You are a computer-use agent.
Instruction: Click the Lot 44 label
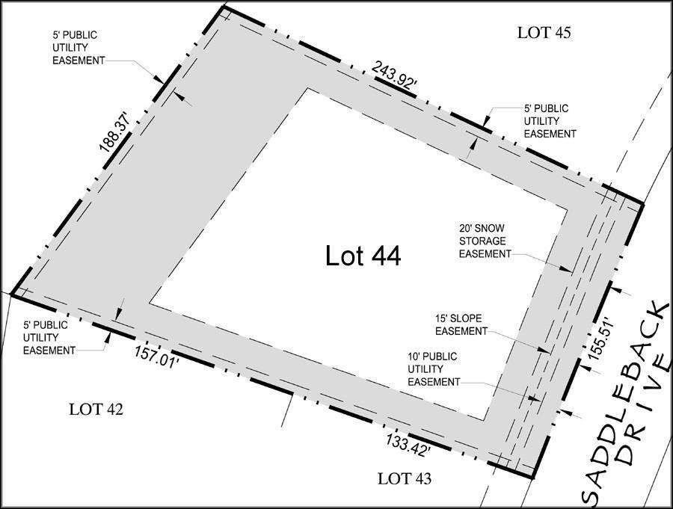[x=363, y=256]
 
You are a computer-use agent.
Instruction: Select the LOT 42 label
[x=96, y=409]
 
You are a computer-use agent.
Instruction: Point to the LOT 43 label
[x=405, y=478]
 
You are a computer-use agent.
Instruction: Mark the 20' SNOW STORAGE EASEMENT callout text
[x=485, y=241]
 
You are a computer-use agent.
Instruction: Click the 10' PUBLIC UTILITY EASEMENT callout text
[x=434, y=369]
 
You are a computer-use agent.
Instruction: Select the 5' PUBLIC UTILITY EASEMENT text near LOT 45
[x=550, y=121]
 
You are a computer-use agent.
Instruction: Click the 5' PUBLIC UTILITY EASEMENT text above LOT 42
[x=49, y=338]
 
